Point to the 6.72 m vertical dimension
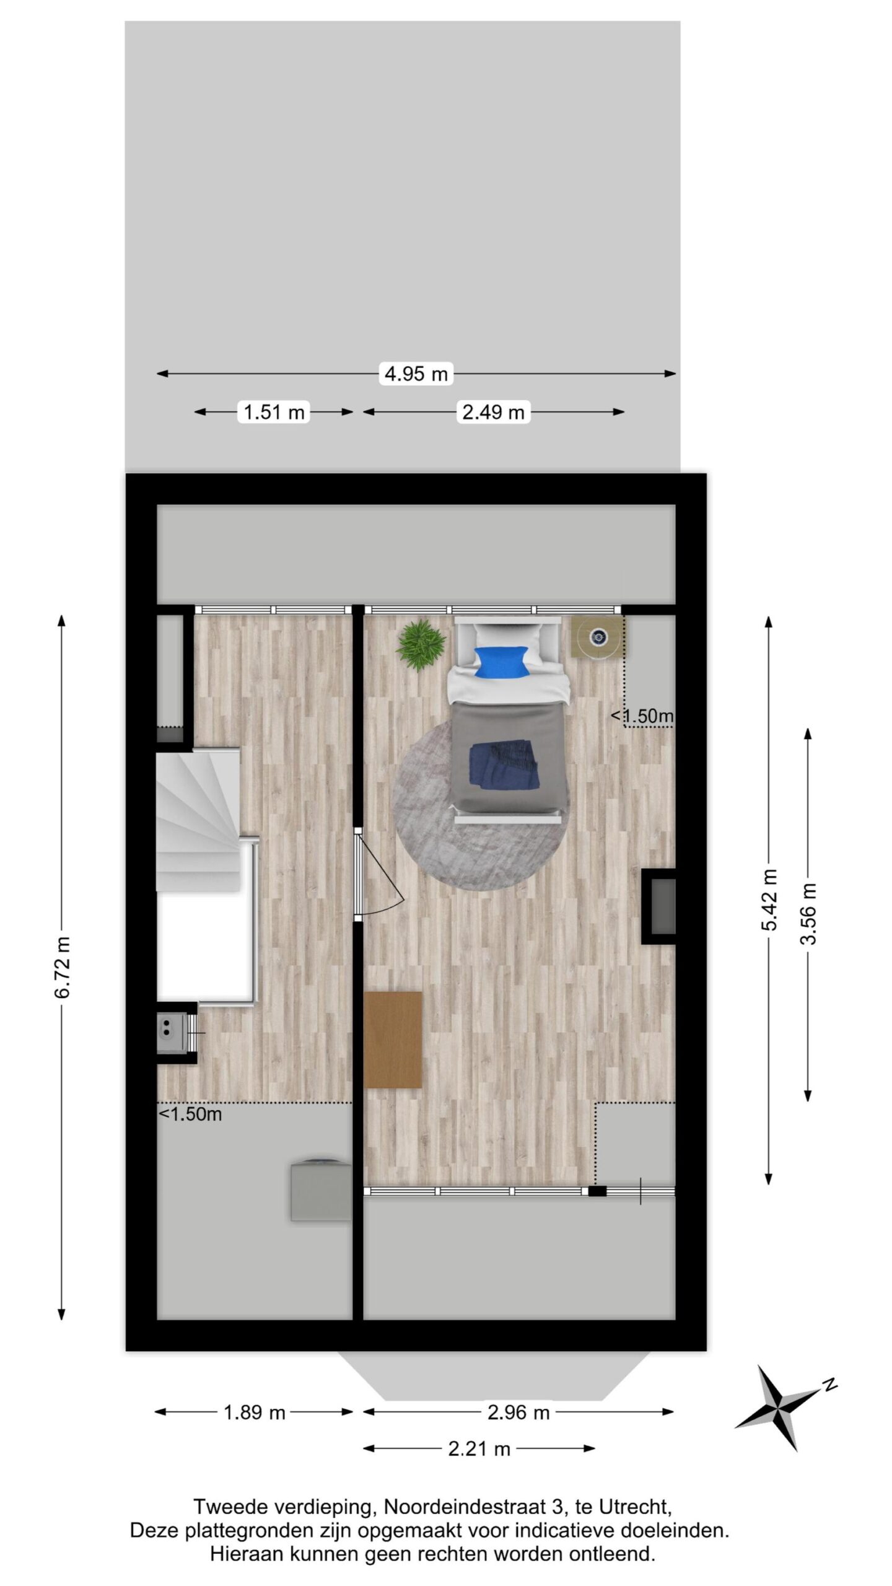pos(63,967)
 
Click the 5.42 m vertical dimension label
pos(769,900)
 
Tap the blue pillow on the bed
pos(501,661)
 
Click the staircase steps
pos(198,821)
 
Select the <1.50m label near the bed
pos(642,716)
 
